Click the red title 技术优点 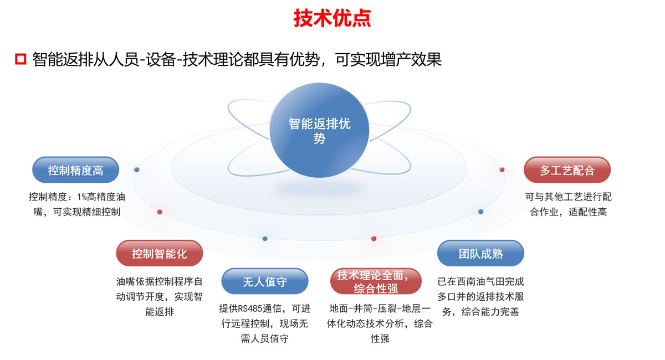click(x=332, y=18)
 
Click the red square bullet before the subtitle click(x=21, y=59)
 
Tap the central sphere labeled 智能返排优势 click(x=319, y=131)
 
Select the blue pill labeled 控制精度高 click(x=75, y=170)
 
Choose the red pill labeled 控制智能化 click(x=159, y=254)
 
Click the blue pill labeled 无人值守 click(x=264, y=281)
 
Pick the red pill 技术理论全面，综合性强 click(x=372, y=281)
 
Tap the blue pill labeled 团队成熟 click(x=480, y=254)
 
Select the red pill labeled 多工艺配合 click(x=566, y=170)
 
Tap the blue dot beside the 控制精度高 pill click(x=137, y=169)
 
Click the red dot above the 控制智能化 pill click(x=160, y=212)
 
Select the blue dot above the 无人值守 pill click(x=265, y=239)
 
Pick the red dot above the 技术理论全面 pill click(x=374, y=239)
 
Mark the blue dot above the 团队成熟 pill click(x=480, y=212)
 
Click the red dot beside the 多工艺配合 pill click(x=502, y=169)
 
